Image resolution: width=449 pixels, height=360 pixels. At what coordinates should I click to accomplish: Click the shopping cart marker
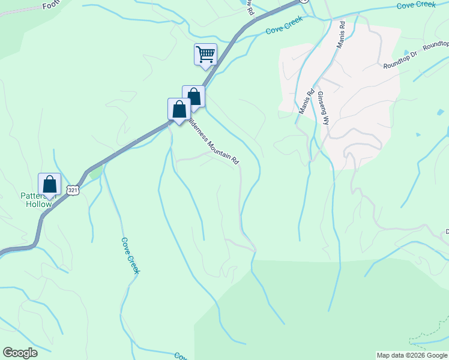pos(205,55)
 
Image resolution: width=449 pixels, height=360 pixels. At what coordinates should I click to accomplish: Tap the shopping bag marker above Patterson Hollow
pos(49,185)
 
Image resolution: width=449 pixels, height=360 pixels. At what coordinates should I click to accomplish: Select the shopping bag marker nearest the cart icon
pos(193,97)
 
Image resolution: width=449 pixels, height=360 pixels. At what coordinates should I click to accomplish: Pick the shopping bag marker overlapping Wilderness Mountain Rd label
pos(179,110)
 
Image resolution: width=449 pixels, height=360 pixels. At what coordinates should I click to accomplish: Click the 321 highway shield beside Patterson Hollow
pos(72,190)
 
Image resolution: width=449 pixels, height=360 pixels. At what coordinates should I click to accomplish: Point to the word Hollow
pos(38,204)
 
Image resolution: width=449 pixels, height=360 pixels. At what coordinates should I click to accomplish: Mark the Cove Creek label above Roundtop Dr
pos(416,5)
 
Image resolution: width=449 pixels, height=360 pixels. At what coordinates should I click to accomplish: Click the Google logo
pos(20,353)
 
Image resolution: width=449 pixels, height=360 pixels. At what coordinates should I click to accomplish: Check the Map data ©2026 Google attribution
pos(412,355)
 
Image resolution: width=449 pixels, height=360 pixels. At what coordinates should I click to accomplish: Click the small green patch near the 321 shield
pos(95,173)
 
